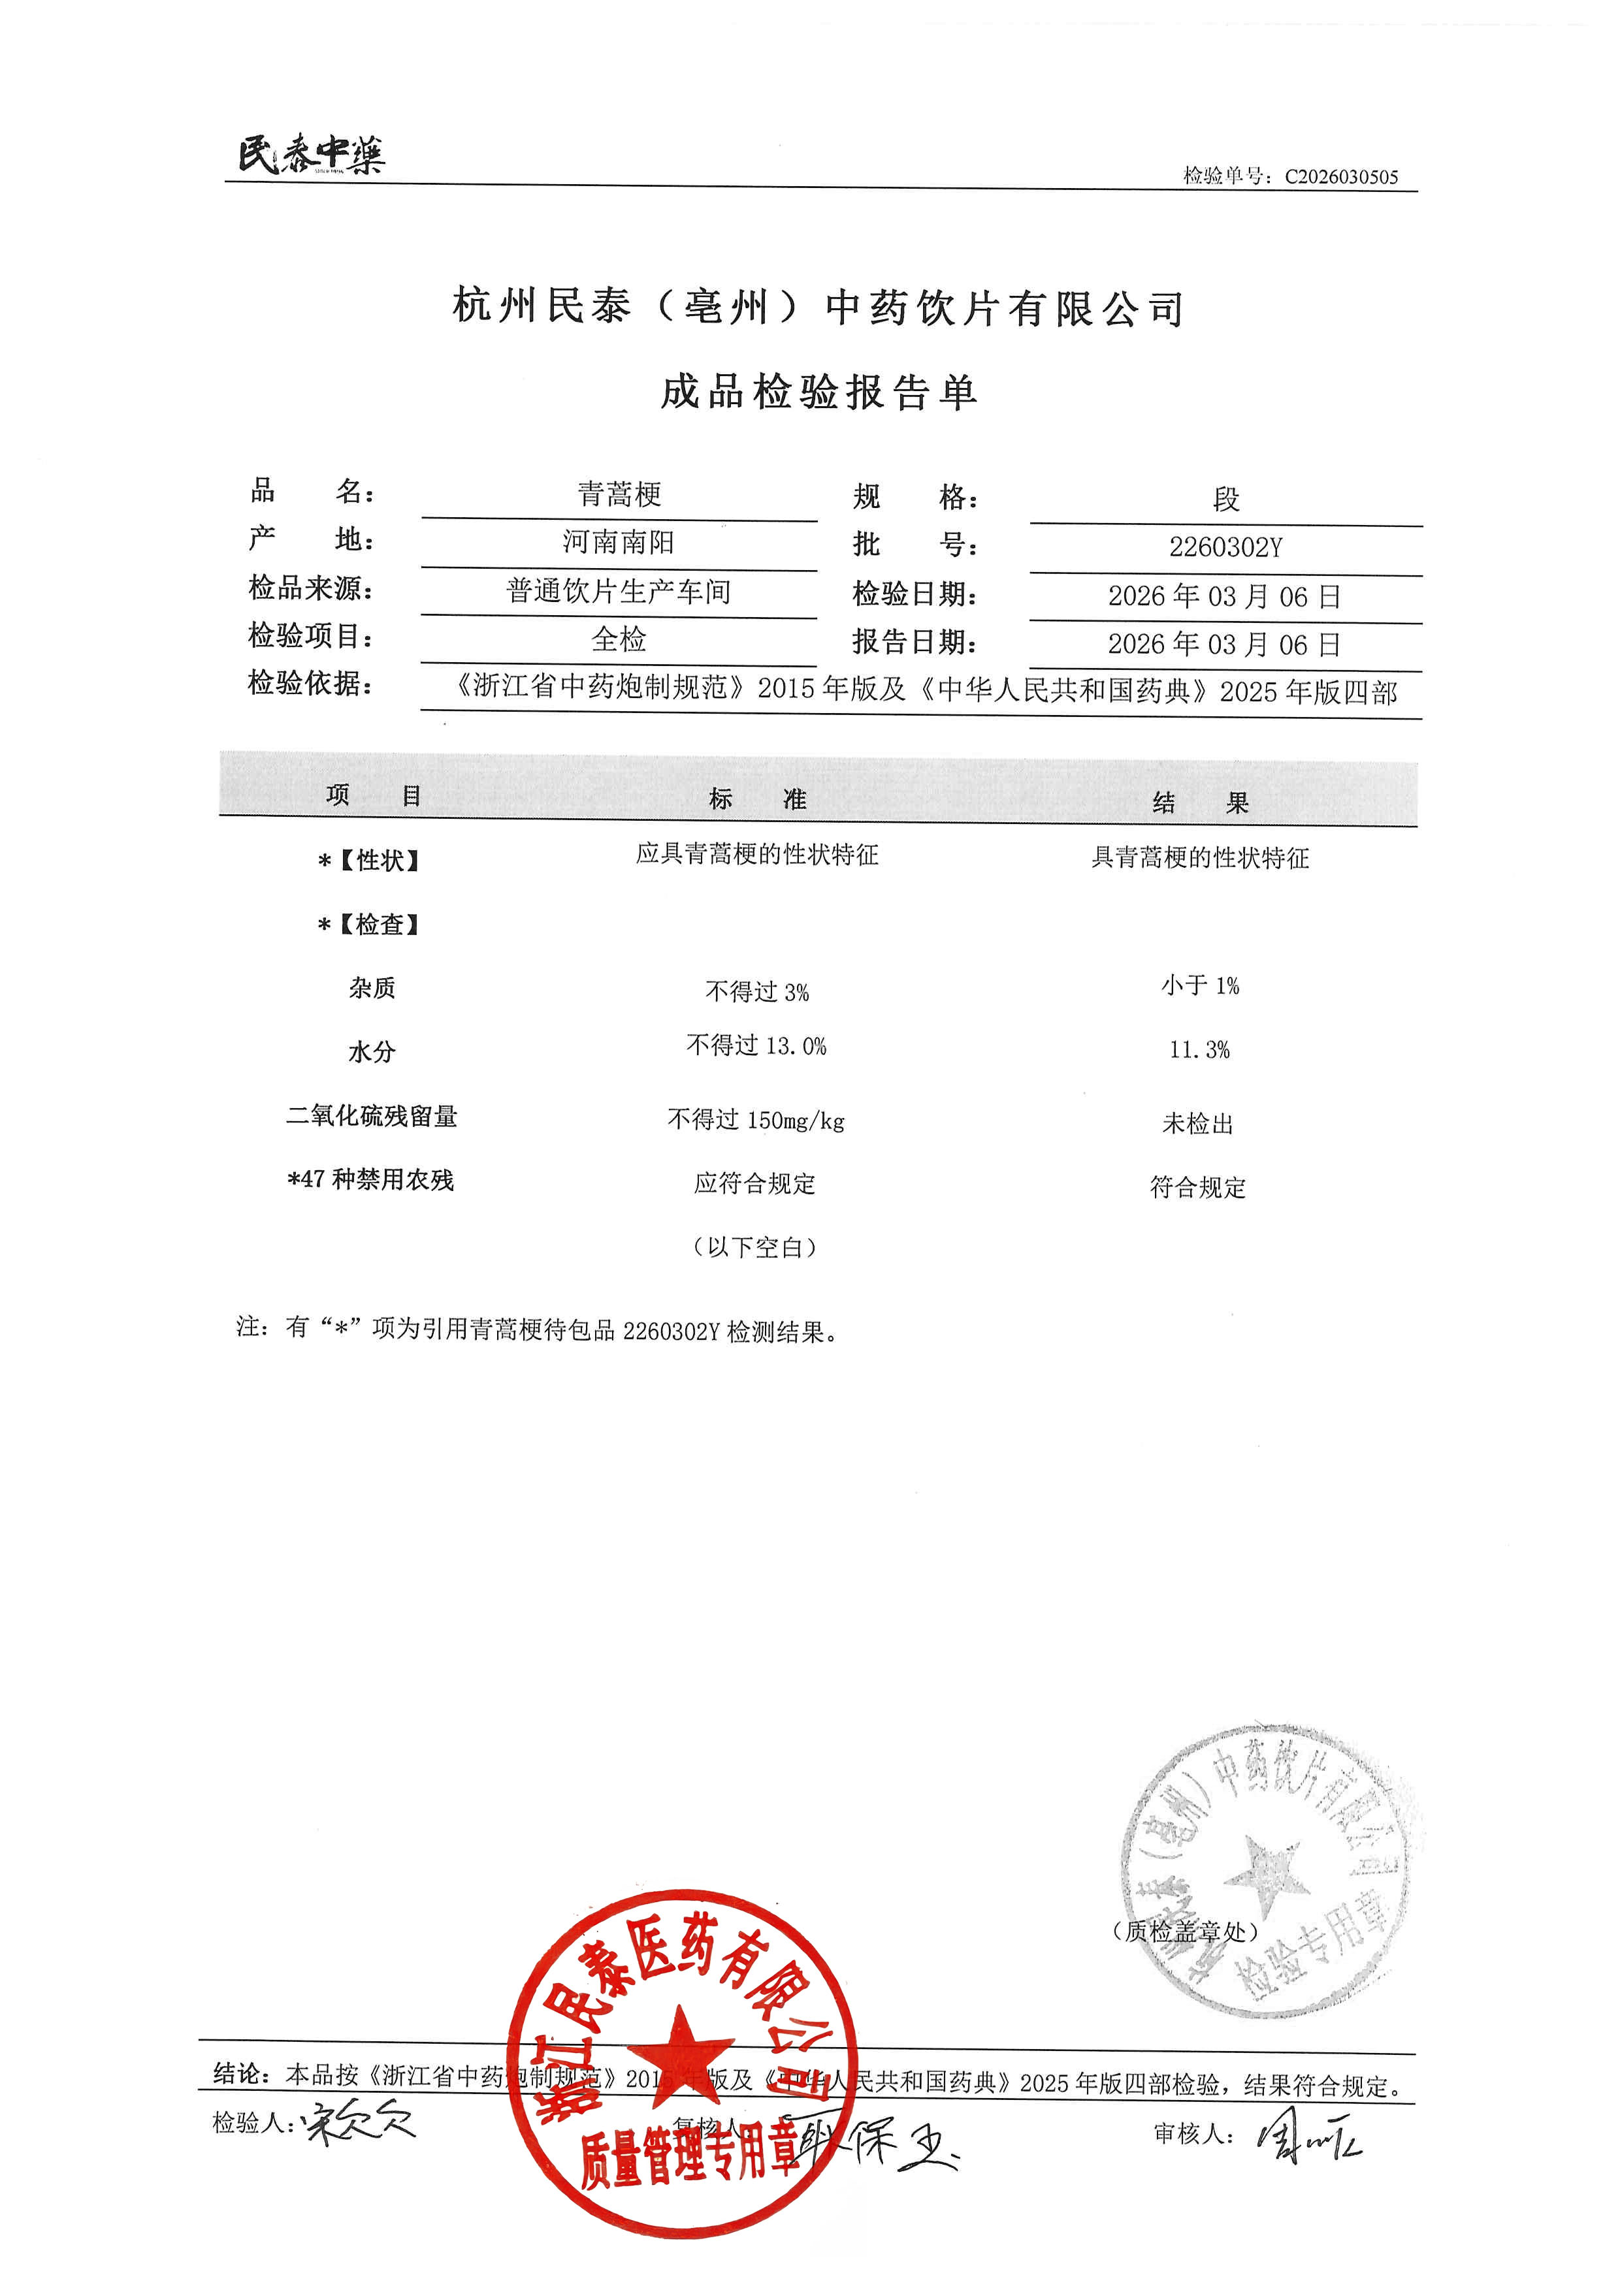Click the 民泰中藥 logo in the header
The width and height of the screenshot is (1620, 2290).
(310, 155)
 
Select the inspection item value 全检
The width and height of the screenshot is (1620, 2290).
(619, 639)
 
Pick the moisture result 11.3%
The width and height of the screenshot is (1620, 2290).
(1199, 1049)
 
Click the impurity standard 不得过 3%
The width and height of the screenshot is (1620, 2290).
(757, 991)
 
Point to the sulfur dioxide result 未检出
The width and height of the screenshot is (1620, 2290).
(1198, 1124)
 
